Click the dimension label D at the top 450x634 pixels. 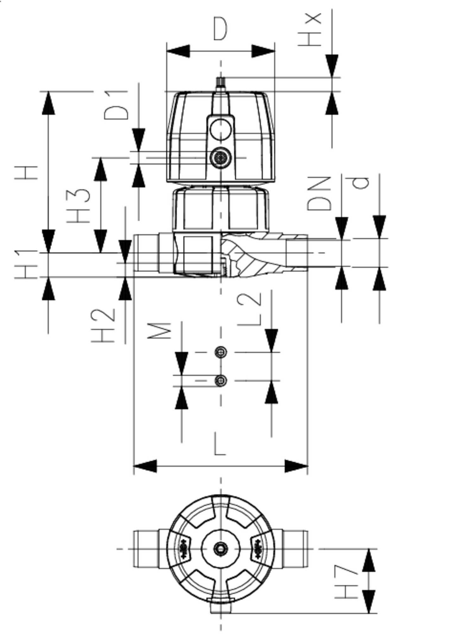coord(220,29)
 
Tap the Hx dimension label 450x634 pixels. coord(310,29)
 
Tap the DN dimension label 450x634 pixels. coord(319,194)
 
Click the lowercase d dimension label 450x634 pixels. coord(361,183)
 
